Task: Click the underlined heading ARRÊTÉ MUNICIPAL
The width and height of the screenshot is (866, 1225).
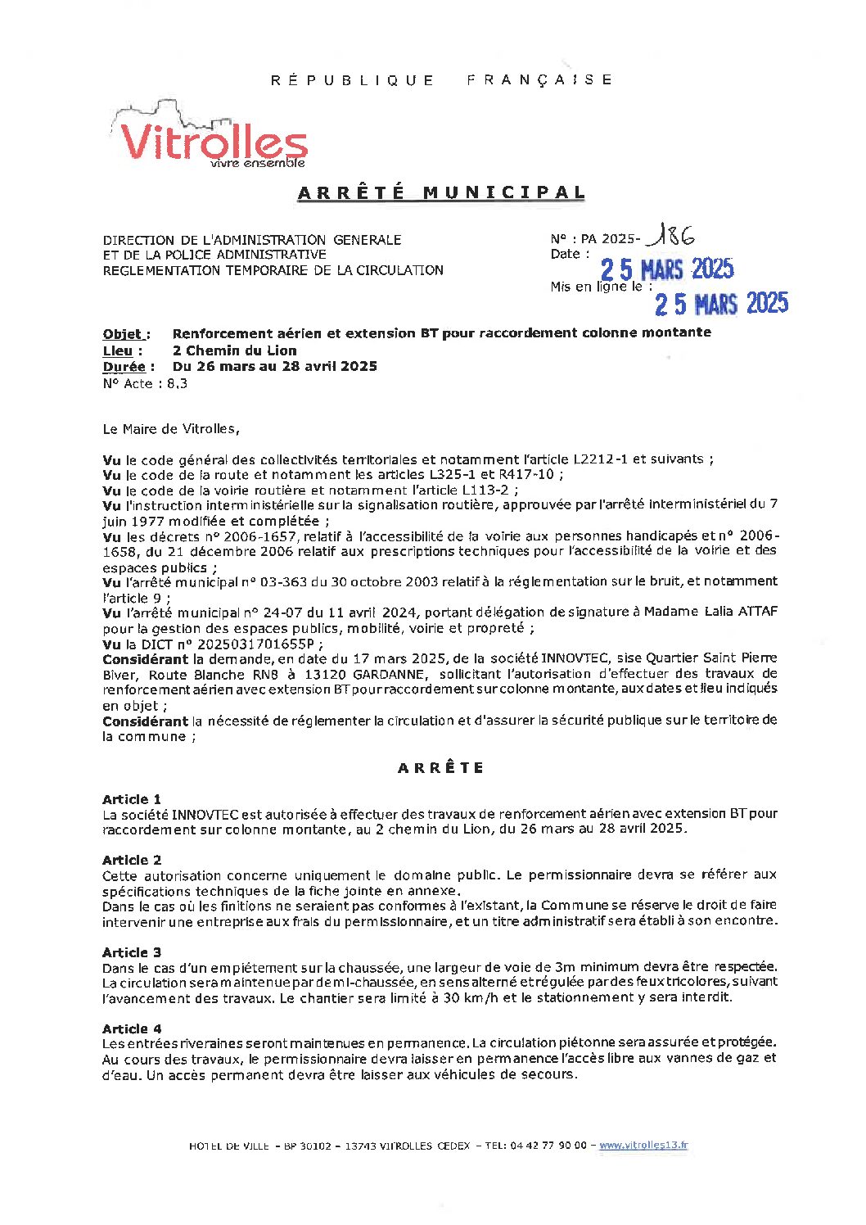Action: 442,193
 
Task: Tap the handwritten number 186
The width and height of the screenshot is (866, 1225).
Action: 671,237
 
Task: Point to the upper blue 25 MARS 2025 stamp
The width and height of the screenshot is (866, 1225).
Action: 667,269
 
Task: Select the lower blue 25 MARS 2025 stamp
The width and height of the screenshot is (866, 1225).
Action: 721,304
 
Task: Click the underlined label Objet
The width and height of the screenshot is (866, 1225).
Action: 124,334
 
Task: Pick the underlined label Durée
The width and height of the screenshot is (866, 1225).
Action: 124,367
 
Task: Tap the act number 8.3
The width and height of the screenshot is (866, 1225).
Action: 177,383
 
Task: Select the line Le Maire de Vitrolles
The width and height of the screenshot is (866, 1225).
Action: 171,428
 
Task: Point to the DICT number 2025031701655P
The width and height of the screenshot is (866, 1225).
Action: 253,644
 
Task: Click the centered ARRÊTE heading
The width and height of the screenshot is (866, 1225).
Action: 441,768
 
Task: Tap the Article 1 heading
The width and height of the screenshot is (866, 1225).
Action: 132,799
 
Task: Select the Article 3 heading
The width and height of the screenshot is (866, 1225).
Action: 132,952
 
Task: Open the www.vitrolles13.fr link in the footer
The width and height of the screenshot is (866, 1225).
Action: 643,1146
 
